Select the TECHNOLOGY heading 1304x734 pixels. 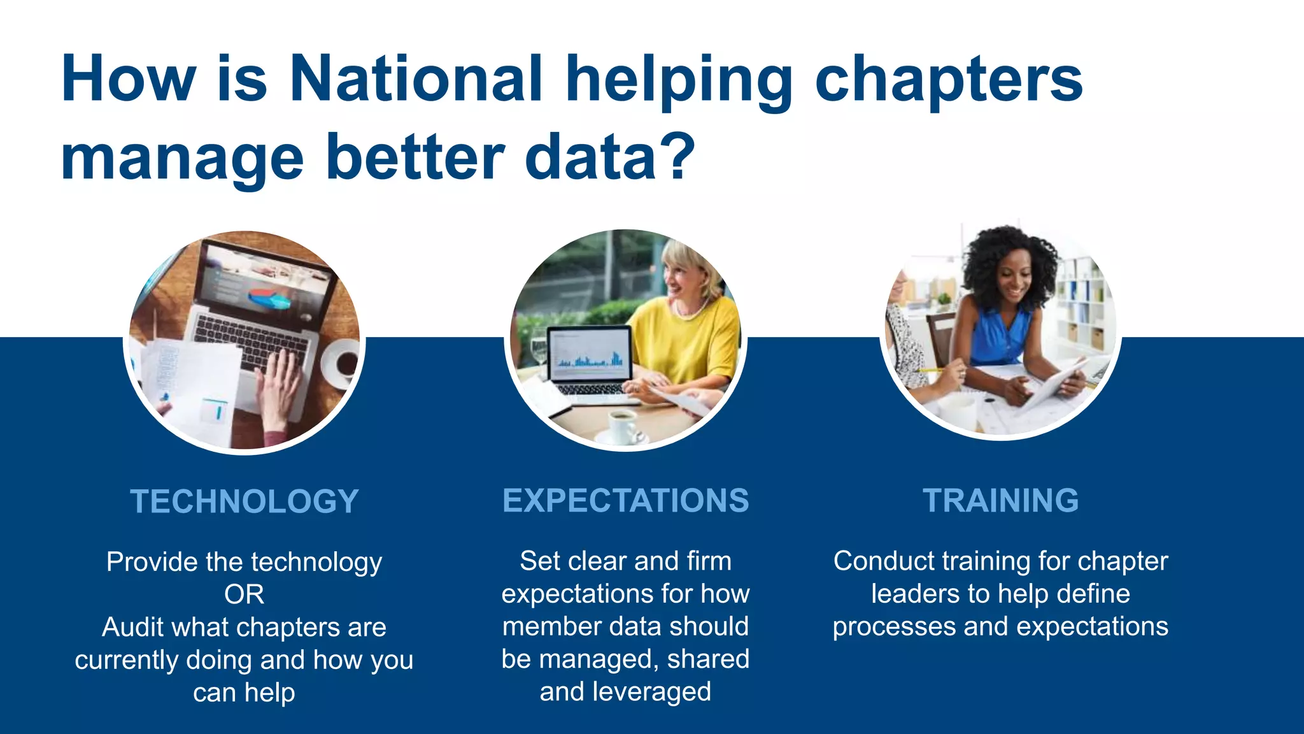point(244,501)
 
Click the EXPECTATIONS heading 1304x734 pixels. point(625,501)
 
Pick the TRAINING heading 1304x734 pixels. point(1000,501)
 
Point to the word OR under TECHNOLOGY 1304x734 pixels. point(244,594)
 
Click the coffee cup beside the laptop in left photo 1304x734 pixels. point(344,362)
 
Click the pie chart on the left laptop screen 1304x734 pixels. point(268,298)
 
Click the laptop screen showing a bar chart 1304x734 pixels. point(589,354)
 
